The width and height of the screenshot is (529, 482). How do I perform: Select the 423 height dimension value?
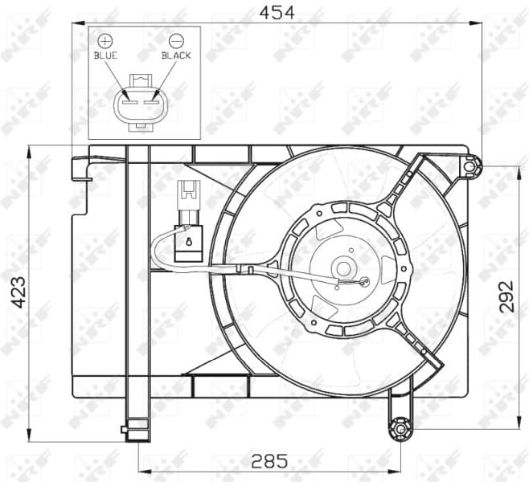tap(18, 294)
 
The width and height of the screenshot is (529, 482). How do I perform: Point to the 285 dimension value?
tap(269, 461)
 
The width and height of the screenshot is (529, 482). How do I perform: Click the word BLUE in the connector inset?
tap(105, 55)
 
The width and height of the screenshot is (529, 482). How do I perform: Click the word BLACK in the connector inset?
tap(176, 55)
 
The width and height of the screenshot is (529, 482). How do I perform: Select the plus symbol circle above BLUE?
tap(105, 39)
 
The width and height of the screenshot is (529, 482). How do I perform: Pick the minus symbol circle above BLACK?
tap(176, 39)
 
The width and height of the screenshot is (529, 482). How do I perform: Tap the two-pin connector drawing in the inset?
tap(141, 100)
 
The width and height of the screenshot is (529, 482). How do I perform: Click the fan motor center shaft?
tap(343, 268)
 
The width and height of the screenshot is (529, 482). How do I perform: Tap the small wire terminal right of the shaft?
tap(364, 282)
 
